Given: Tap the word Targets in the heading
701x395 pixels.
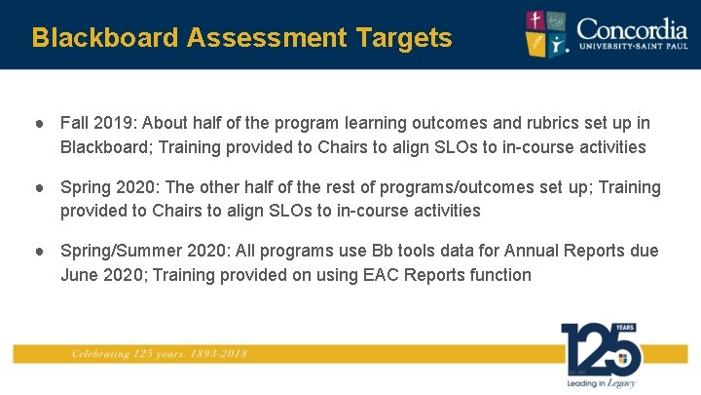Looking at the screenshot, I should point(403,38).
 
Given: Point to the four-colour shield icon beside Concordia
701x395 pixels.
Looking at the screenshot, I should point(548,34).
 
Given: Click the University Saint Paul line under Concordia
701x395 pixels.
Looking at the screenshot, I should point(632,46).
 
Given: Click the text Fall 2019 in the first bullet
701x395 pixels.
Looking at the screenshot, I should point(97,124).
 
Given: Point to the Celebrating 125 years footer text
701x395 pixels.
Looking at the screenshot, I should point(158,354).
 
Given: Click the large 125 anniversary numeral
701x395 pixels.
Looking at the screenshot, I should point(599,348).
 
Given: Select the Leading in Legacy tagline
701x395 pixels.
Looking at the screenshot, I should point(601,383).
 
